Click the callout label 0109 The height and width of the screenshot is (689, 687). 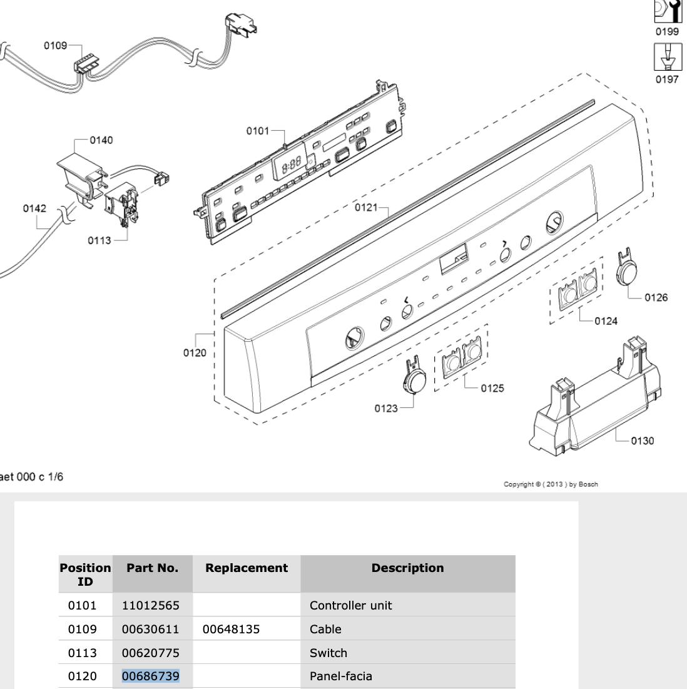(55, 45)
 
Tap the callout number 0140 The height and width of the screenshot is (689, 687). (101, 140)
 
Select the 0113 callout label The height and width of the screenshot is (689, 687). (99, 240)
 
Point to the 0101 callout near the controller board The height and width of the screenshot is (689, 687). (257, 131)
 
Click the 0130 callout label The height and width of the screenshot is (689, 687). (642, 441)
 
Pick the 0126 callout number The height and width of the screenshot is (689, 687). (656, 297)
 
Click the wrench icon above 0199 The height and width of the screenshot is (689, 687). (667, 11)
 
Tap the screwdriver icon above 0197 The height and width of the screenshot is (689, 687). (667, 58)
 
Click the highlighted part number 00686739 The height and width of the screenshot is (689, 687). (150, 676)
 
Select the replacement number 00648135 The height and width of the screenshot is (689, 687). (231, 629)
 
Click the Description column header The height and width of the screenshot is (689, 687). (407, 568)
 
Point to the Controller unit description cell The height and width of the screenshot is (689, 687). (351, 605)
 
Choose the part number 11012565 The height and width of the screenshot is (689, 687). (150, 605)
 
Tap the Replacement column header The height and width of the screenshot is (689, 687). (247, 568)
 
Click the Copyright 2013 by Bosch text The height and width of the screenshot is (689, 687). (551, 484)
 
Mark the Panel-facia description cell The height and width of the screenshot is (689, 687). (341, 676)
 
